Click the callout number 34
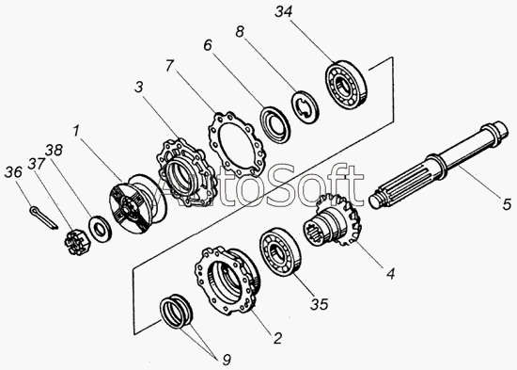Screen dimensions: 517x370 point(284,12)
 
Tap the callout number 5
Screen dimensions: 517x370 point(507,203)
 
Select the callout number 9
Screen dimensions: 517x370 point(227,360)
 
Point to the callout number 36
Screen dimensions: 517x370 point(13,172)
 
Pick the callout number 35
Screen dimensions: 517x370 point(320,304)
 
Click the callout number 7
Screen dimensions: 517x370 point(169,66)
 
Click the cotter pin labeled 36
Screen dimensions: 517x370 point(43,217)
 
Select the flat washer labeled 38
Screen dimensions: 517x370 point(100,227)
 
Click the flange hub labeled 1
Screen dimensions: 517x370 point(138,203)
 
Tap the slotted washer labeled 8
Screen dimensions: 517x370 point(305,106)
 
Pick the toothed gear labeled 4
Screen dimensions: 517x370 point(333,220)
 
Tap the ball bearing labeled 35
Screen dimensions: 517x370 point(281,250)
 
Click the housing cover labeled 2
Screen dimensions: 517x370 point(227,281)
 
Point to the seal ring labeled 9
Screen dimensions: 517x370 point(177,312)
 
